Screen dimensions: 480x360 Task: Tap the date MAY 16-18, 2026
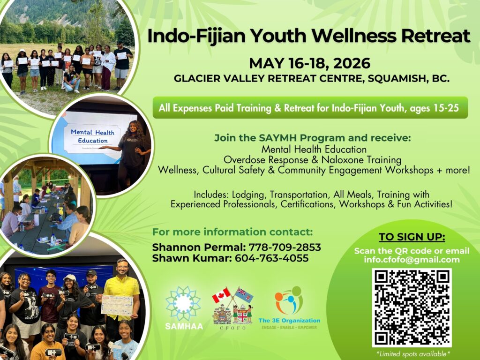(309, 63)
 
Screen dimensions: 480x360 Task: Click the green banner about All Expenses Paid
(310, 107)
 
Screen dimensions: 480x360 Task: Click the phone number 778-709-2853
(285, 247)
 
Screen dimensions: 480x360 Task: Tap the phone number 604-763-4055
(271, 258)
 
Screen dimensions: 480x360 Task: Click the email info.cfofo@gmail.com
(412, 260)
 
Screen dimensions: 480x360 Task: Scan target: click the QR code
(412, 307)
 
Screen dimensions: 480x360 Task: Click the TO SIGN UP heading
(412, 237)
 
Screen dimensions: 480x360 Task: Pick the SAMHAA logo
(184, 307)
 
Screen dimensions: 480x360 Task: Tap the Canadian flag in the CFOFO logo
(221, 295)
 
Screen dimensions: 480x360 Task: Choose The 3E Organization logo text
(289, 321)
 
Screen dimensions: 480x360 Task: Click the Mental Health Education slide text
(92, 136)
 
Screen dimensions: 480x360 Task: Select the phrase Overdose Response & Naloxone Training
(313, 159)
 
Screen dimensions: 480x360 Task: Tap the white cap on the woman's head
(70, 277)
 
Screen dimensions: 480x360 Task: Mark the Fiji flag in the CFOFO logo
(244, 295)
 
